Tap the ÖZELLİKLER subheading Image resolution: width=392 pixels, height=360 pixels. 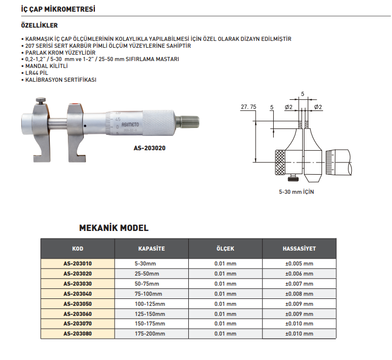39,25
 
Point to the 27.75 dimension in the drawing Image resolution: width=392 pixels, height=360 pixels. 248,107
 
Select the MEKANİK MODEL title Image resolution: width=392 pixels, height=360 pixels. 114,228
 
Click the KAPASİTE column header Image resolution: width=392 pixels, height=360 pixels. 151,248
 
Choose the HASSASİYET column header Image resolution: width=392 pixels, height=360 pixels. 299,248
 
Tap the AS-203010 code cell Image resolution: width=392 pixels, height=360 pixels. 77,263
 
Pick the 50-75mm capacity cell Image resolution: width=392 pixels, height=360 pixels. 147,284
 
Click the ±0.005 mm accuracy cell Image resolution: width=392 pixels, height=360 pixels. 299,263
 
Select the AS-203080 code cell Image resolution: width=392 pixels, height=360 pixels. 77,334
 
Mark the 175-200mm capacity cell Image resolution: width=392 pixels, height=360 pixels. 150,334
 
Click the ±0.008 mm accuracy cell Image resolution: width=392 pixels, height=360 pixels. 299,294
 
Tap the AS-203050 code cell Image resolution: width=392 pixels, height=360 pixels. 77,304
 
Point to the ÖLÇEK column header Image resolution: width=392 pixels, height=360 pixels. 225,248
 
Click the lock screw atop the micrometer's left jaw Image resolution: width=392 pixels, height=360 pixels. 40,100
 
